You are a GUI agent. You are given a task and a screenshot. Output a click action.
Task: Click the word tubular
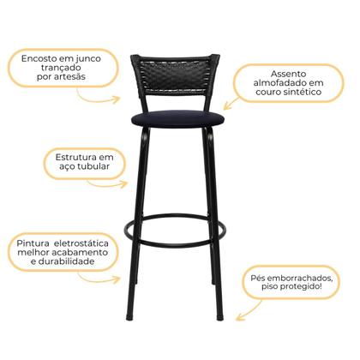coord(92,170)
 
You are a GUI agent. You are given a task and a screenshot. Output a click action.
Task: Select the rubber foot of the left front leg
coord(131,317)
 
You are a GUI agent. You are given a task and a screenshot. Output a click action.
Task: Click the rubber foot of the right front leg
coord(220,317)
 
